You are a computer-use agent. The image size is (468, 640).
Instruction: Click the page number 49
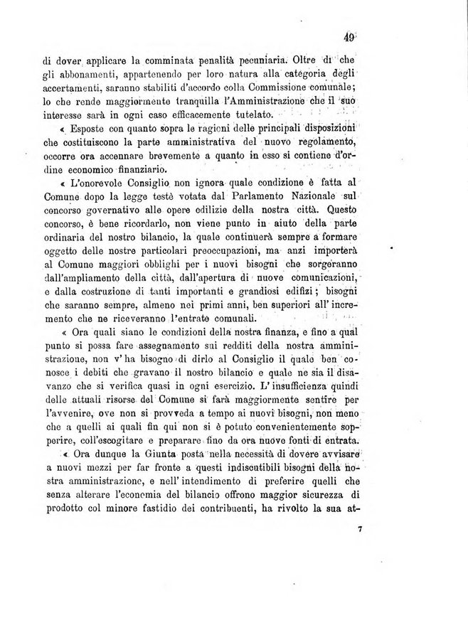348,40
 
